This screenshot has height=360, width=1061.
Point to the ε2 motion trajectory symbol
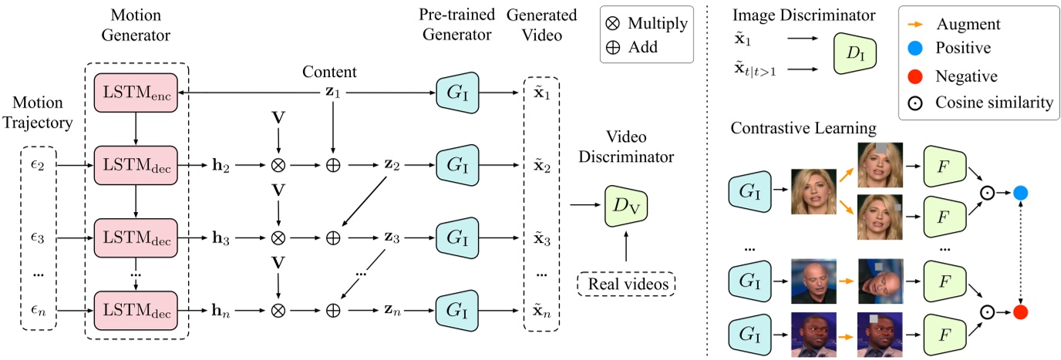coord(38,164)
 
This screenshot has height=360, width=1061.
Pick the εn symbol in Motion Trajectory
coord(38,310)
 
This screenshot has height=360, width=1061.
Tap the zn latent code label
coord(392,310)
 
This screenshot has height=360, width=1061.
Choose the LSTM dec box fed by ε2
coord(136,164)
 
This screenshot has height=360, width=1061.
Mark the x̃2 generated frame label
coord(543,164)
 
